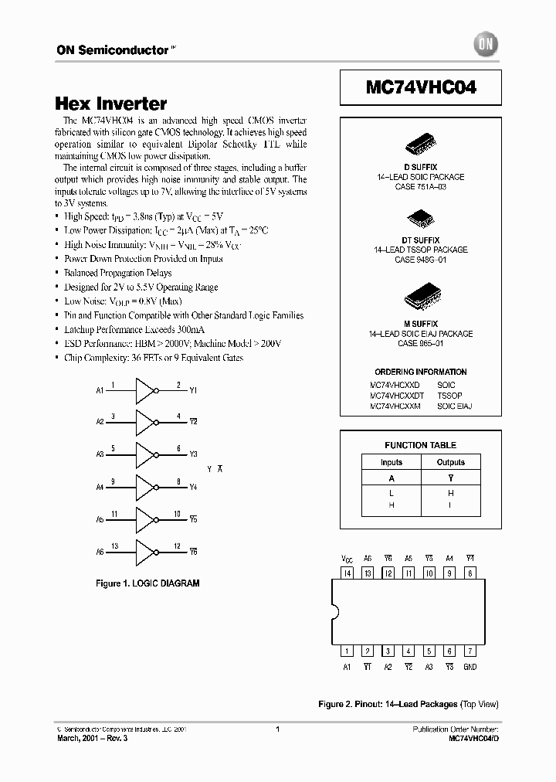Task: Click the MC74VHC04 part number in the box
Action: [x=421, y=88]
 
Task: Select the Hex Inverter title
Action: [x=111, y=104]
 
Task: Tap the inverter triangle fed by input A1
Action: [x=145, y=391]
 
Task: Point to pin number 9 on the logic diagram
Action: [x=114, y=481]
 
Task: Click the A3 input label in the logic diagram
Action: [x=100, y=455]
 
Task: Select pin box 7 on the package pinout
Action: [x=470, y=651]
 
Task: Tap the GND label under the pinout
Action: [x=470, y=667]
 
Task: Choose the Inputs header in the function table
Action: [x=392, y=462]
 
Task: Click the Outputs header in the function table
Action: [x=451, y=462]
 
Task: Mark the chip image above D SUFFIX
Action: [x=420, y=149]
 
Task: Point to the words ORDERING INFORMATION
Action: [x=421, y=372]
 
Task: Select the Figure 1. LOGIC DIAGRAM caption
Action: [x=147, y=583]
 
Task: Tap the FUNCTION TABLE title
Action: [x=421, y=445]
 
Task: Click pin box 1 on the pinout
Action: [x=347, y=651]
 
